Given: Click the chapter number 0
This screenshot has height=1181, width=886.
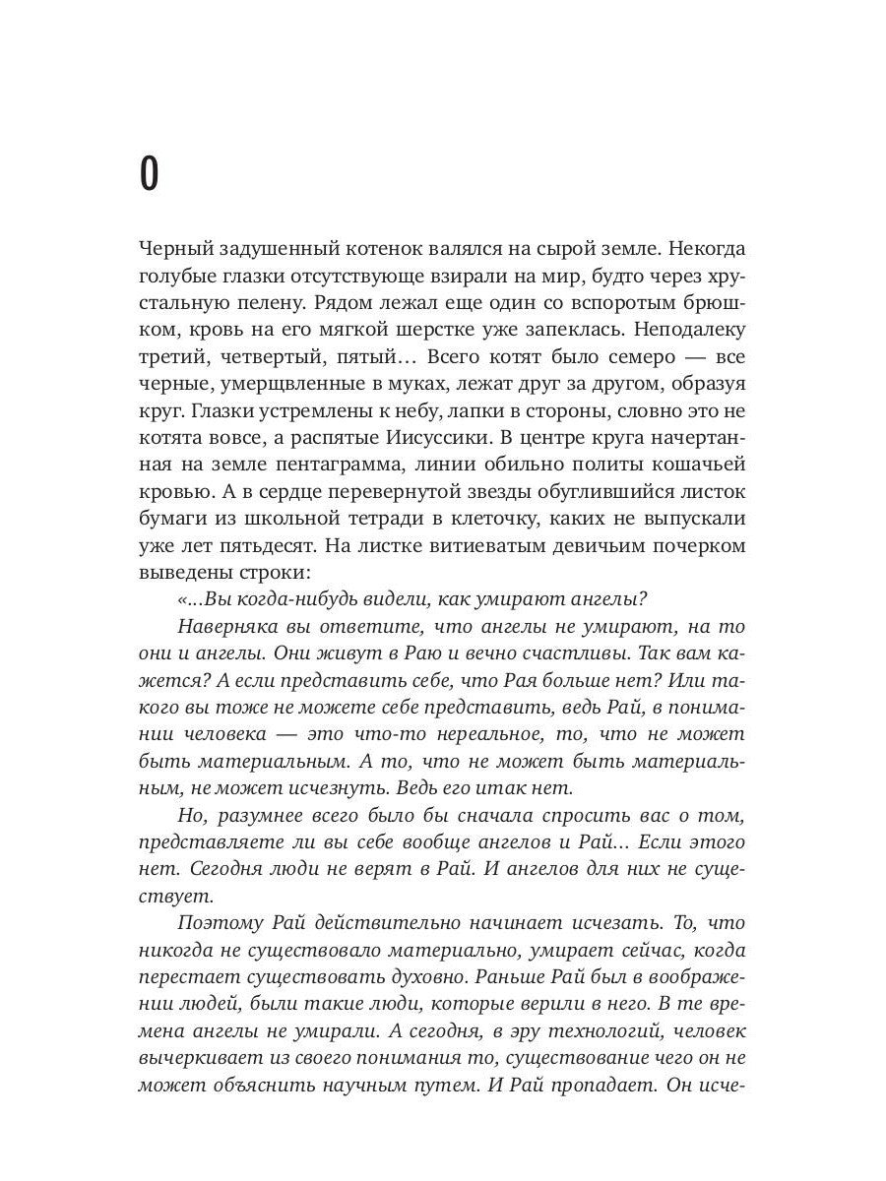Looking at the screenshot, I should (x=149, y=174).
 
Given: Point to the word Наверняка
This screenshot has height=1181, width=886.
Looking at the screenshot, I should (x=232, y=626).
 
